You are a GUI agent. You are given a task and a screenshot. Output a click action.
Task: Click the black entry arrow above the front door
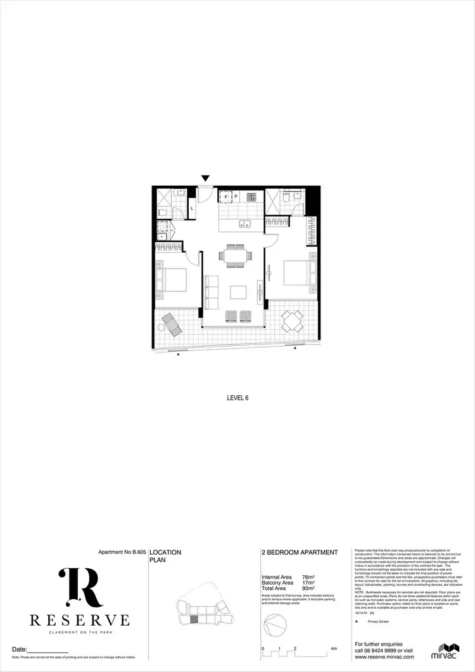pos(205,179)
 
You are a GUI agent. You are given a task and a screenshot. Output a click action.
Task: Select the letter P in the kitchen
pos(236,197)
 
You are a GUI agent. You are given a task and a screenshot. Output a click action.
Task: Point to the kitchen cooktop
pos(251,197)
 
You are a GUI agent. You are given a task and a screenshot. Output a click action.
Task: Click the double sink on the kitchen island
pos(244,224)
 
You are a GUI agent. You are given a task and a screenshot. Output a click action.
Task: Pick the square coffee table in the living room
pos(238,292)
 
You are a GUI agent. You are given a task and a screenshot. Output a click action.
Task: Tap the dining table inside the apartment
pos(235,255)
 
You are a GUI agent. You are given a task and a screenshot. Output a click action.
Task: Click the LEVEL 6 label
pos(237,398)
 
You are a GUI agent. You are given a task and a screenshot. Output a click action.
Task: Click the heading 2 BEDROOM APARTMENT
pos(300,552)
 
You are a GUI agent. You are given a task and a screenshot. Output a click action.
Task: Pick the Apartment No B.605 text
pos(122,552)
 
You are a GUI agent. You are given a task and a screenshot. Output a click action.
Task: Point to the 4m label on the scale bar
pos(334,649)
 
